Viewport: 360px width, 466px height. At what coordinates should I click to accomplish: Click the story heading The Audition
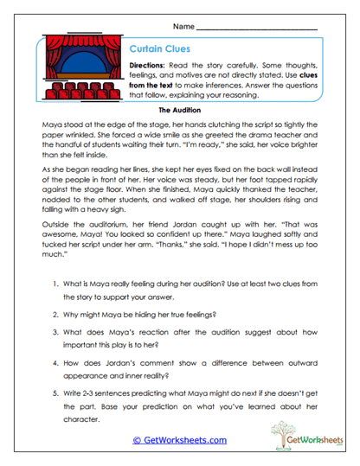[180, 112]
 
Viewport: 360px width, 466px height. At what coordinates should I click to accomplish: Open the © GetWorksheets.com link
[179, 440]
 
